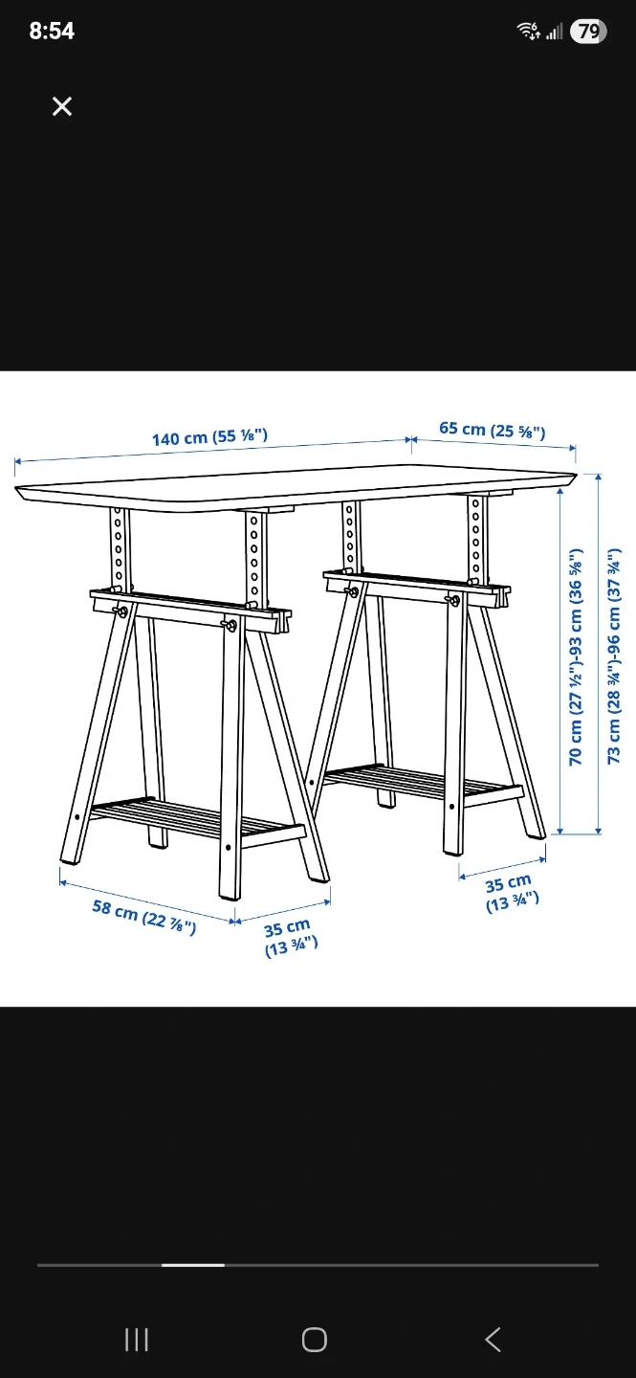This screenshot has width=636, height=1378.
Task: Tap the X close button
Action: point(62,106)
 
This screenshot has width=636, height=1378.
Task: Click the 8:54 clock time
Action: point(52,31)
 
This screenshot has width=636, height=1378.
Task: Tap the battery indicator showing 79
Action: point(588,31)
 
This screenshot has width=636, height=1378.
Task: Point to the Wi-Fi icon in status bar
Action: point(528,31)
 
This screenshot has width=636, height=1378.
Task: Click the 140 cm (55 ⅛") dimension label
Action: point(209,436)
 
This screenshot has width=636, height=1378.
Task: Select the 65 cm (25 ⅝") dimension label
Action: point(493,430)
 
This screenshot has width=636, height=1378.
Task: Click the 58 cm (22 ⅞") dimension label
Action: point(144,916)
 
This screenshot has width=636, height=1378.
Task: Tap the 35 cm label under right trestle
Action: point(511,893)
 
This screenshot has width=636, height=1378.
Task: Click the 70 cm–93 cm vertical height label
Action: point(575,657)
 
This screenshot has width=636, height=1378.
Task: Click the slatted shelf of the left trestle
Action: point(197,821)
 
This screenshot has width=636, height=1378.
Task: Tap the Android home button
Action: point(315,1340)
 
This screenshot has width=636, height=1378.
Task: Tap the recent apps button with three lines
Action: point(137,1340)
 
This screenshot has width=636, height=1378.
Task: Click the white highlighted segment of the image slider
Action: point(193,1265)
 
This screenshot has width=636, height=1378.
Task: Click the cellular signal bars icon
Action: point(554,31)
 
